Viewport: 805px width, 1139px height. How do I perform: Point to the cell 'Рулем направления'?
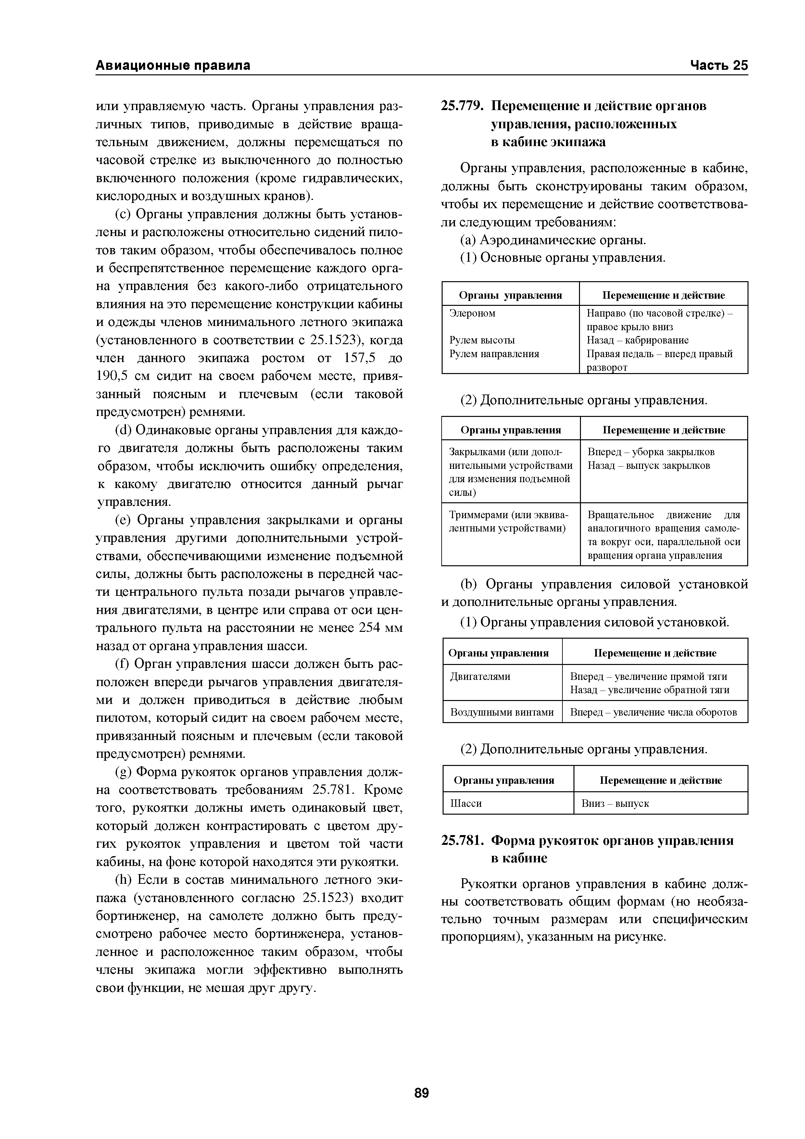click(494, 354)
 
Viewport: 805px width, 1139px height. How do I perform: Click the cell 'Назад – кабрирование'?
click(637, 340)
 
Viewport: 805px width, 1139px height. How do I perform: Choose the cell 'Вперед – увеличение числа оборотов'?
click(653, 712)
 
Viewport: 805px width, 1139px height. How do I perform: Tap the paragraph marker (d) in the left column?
click(123, 430)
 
